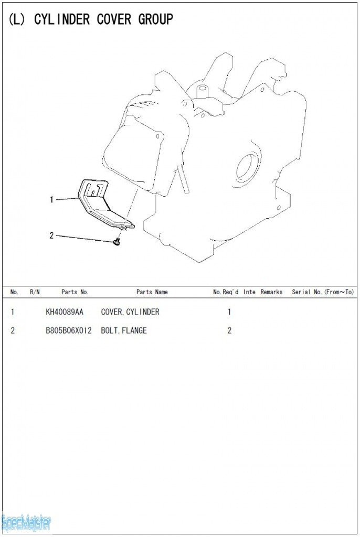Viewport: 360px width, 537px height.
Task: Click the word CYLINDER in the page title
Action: pyautogui.click(x=62, y=19)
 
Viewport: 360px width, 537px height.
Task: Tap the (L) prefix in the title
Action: pyautogui.click(x=16, y=19)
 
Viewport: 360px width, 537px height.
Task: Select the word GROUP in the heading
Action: pyautogui.click(x=156, y=19)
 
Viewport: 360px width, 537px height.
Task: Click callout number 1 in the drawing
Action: pyautogui.click(x=51, y=199)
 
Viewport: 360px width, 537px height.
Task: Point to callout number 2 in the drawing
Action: pyautogui.click(x=51, y=235)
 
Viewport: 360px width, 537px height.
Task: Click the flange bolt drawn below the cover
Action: pyautogui.click(x=117, y=242)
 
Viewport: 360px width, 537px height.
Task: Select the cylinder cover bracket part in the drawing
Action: pyautogui.click(x=104, y=206)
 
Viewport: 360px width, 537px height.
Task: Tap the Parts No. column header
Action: pyautogui.click(x=75, y=292)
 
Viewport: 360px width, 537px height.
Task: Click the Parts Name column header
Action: pyautogui.click(x=152, y=292)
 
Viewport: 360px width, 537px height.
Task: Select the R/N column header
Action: pyautogui.click(x=35, y=292)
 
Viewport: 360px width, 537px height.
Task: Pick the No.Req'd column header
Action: pyautogui.click(x=226, y=292)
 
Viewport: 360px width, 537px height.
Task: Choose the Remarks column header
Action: pyautogui.click(x=271, y=292)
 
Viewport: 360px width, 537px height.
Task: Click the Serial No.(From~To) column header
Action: pyautogui.click(x=323, y=292)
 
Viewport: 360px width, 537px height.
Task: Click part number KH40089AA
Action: pyautogui.click(x=65, y=312)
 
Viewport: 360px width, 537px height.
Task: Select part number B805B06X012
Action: pyautogui.click(x=69, y=330)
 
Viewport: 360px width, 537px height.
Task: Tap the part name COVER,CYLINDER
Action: pyautogui.click(x=130, y=312)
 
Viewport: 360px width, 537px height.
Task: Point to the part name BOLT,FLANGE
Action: pyautogui.click(x=124, y=330)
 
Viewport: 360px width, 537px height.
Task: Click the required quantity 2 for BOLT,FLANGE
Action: pyautogui.click(x=229, y=330)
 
